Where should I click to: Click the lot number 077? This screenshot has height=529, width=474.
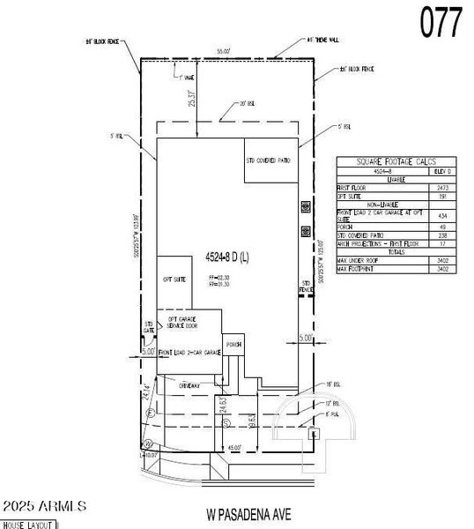coord(440,23)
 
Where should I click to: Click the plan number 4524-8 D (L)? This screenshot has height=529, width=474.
coord(228,258)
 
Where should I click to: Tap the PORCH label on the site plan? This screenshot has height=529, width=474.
coord(233,344)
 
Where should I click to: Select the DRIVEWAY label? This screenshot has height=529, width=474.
coord(189,385)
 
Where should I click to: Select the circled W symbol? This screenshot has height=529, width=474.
coord(150,443)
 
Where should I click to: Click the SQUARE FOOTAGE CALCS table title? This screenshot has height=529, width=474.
coord(397,162)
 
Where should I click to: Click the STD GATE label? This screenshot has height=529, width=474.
coord(149,327)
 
